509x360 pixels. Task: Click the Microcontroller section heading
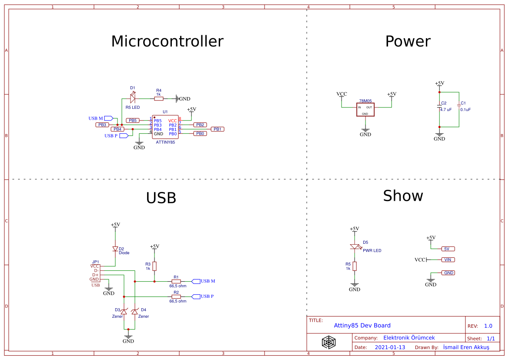tap(167, 41)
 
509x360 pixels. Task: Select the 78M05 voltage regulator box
tap(365, 109)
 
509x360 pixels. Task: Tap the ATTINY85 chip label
tap(165, 142)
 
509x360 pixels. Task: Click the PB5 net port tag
tap(133, 121)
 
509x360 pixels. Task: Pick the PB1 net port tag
tap(218, 129)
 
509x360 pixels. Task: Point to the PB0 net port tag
tap(200, 134)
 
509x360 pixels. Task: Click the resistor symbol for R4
tap(159, 99)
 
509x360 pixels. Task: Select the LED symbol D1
tap(133, 99)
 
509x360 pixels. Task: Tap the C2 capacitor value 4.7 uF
tap(446, 110)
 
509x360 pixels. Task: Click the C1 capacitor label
tap(463, 103)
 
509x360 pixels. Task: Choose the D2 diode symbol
tap(115, 249)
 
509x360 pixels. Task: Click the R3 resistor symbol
tap(154, 266)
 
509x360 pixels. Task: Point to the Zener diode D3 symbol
tap(124, 312)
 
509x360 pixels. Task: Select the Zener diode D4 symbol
tap(134, 312)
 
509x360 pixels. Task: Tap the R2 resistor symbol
tap(176, 296)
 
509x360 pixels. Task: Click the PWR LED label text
tap(372, 251)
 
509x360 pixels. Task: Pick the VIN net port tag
tap(448, 260)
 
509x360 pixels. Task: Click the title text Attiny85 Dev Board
tap(362, 326)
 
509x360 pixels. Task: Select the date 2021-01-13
tap(390, 347)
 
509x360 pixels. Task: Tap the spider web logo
tap(329, 342)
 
